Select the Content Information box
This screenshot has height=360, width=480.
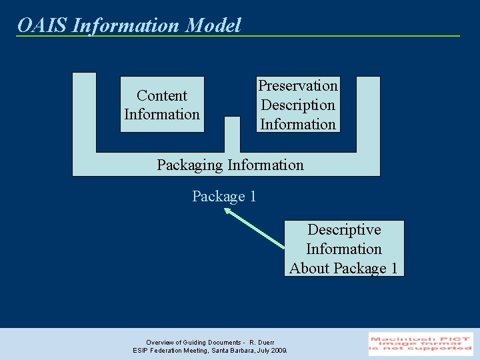click(162, 105)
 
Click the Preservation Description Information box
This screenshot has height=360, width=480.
click(298, 105)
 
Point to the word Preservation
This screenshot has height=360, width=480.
click(298, 86)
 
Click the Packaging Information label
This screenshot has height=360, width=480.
click(230, 165)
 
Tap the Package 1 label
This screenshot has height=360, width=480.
click(224, 197)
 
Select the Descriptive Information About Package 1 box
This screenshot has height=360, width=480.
click(344, 249)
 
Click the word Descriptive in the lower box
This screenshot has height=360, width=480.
click(344, 230)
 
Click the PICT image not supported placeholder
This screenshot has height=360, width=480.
click(421, 343)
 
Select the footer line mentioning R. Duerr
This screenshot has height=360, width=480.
click(210, 342)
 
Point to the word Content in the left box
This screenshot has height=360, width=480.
click(162, 95)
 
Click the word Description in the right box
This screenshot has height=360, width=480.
click(298, 105)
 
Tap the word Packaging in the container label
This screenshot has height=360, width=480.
click(190, 165)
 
